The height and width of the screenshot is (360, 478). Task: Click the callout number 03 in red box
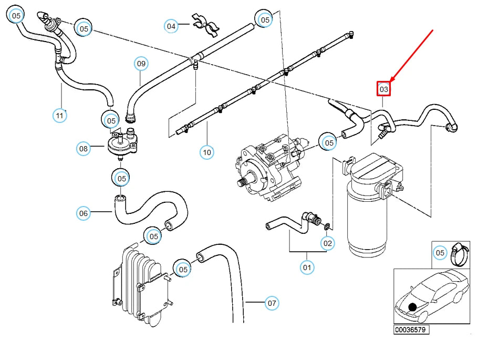pyautogui.click(x=384, y=89)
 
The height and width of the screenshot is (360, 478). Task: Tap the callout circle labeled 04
pyautogui.click(x=171, y=25)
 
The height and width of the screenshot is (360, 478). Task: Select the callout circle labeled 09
pyautogui.click(x=141, y=64)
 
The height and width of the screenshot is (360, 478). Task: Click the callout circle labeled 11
pyautogui.click(x=60, y=114)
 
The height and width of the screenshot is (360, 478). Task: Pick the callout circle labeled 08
pyautogui.click(x=84, y=149)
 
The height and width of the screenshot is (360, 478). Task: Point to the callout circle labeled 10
pyautogui.click(x=207, y=152)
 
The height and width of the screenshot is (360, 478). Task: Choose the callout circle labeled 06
pyautogui.click(x=84, y=213)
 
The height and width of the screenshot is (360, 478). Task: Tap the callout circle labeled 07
pyautogui.click(x=271, y=303)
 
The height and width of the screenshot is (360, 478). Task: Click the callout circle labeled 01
pyautogui.click(x=307, y=268)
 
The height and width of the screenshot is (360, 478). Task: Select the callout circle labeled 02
pyautogui.click(x=328, y=243)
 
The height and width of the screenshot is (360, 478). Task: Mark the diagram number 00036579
pyautogui.click(x=412, y=330)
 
